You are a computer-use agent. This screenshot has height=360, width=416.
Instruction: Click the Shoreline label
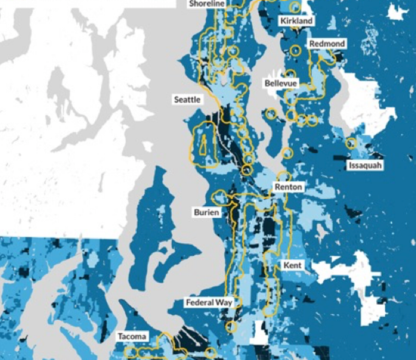point(207,4)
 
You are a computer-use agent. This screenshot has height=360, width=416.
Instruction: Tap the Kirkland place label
point(296,21)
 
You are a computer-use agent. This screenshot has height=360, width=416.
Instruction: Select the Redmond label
point(327,44)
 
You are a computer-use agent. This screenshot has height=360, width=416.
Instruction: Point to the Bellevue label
point(280,83)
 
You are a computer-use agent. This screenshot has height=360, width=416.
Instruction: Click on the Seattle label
point(187,100)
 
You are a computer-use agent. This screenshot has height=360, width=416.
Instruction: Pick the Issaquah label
point(365,165)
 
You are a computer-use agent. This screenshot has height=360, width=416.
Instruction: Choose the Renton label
point(288,187)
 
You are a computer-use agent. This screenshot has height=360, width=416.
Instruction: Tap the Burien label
point(206,213)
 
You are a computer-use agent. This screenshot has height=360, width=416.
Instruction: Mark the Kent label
point(292,266)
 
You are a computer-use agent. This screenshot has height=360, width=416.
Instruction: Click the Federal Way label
point(209,302)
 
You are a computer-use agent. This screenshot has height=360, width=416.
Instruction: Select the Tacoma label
point(132,336)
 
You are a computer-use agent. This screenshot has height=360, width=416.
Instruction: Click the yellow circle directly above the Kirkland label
point(295,7)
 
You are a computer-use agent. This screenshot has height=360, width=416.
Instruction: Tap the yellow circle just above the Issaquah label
point(351,143)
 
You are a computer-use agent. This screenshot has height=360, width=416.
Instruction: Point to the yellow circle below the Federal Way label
point(231,326)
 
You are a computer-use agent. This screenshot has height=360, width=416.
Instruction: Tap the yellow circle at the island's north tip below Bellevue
point(271,114)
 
